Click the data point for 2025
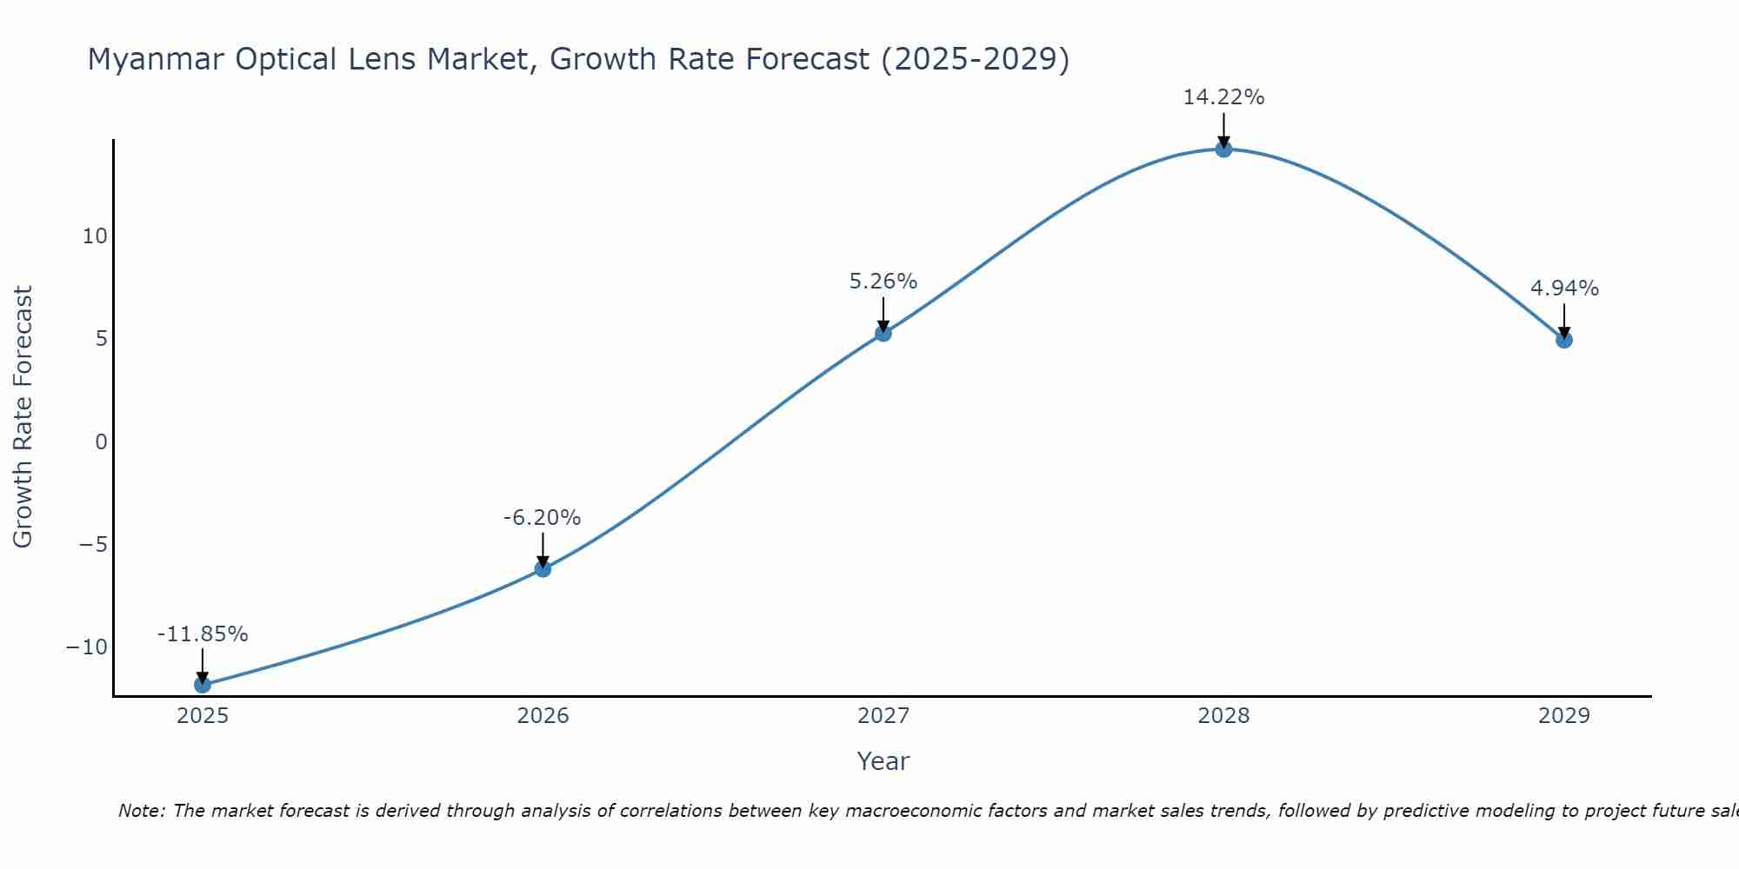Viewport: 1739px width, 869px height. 203,685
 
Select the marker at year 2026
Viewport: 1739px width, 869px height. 543,569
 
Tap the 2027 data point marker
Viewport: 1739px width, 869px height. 883,333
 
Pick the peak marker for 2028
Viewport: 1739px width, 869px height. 1223,149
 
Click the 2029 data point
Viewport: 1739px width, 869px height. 1564,340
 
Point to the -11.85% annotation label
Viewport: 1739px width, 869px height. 203,634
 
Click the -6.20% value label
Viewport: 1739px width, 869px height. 542,518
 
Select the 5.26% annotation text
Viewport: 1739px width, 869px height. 883,282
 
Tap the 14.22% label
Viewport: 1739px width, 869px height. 1223,97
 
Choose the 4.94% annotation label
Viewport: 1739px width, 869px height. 1564,289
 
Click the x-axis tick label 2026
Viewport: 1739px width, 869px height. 543,716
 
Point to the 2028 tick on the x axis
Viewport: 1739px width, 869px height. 1223,716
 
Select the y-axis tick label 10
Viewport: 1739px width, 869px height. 95,236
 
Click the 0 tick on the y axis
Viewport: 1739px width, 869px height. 102,441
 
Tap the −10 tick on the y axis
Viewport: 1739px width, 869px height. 87,647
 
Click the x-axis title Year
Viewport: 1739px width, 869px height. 883,761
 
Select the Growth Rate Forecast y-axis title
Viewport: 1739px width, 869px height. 23,417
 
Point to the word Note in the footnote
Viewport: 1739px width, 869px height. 140,811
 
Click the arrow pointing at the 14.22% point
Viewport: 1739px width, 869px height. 1223,130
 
